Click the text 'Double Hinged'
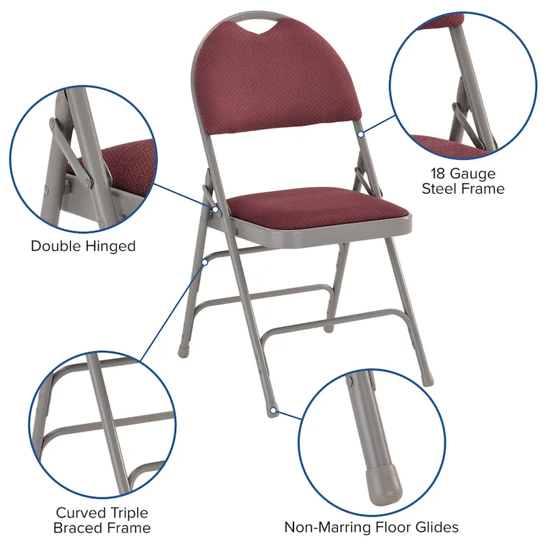83,246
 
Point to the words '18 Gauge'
463,173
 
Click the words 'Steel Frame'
463,188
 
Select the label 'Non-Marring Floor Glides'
371,527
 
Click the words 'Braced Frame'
103,528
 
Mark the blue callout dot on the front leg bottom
273,411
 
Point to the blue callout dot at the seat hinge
216,209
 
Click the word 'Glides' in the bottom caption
437,527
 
